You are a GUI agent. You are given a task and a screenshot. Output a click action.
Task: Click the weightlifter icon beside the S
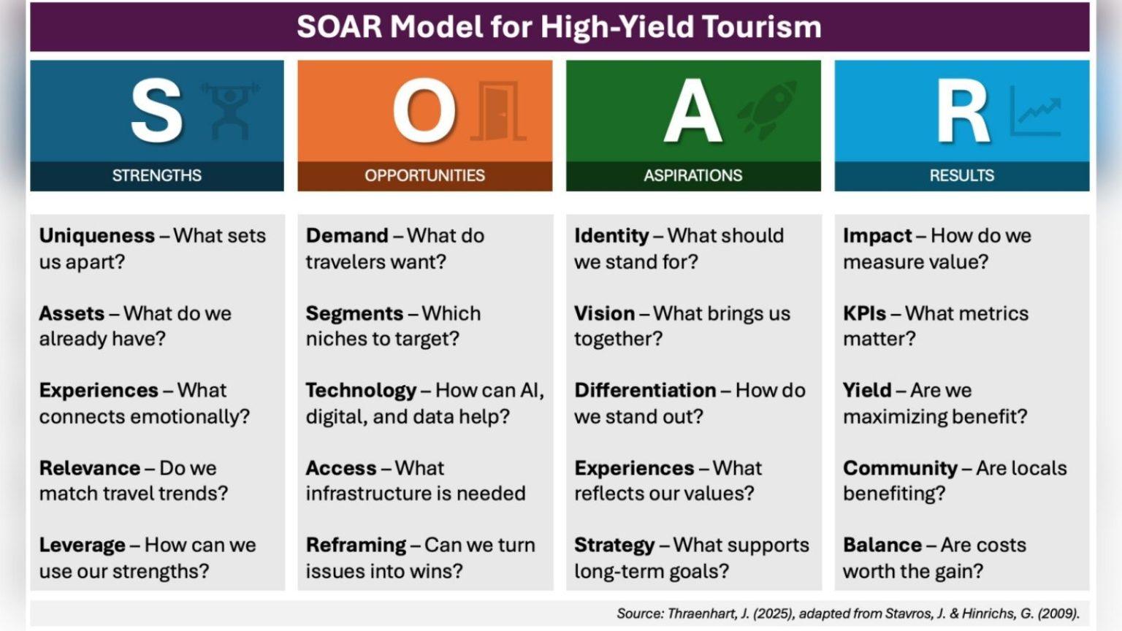coord(230,111)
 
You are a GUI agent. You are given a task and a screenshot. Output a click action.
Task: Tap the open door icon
coord(498,111)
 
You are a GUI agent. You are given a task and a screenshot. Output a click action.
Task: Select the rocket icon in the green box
coord(766,110)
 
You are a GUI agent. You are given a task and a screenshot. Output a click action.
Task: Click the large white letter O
coord(424,111)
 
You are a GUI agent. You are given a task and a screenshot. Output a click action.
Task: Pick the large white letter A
coord(692,111)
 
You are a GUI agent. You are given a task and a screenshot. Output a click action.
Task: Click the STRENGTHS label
coord(157,175)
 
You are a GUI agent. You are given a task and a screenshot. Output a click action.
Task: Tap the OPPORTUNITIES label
coord(424,175)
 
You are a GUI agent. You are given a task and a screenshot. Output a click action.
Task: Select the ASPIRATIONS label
coord(693,175)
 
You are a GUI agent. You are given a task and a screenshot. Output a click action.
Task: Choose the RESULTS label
coord(962,175)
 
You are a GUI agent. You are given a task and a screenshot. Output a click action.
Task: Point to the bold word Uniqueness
coord(97,236)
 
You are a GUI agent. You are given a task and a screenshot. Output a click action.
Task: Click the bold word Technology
coord(361,391)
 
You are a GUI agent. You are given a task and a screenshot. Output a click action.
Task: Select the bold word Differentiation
coord(645,390)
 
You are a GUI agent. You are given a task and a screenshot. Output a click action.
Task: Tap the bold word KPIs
coord(865,313)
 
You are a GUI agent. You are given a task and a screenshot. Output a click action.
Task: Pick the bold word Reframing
coord(356,546)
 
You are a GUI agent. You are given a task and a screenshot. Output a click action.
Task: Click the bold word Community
coord(900,468)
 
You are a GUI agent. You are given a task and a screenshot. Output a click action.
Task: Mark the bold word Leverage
coord(82,546)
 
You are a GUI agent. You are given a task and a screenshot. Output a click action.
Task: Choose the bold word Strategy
coord(614,546)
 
